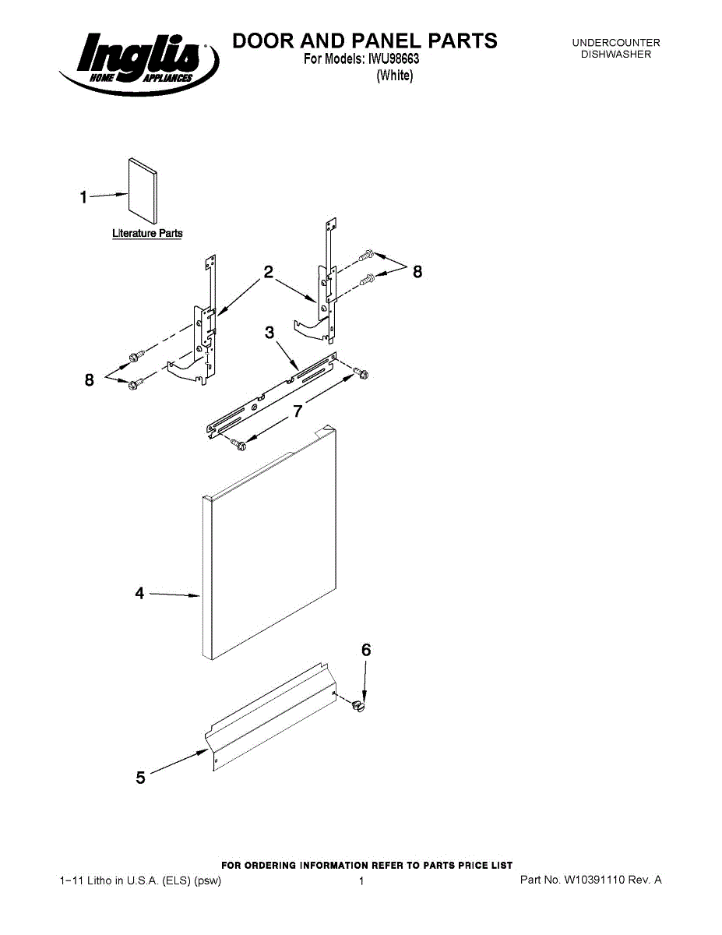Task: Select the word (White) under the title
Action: click(394, 76)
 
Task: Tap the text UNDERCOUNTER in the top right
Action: click(616, 43)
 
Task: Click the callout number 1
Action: click(83, 197)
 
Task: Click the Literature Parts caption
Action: click(147, 233)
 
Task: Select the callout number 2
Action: click(268, 272)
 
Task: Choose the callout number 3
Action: click(269, 333)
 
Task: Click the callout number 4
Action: click(139, 594)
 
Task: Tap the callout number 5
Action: click(140, 777)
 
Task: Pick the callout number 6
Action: click(365, 650)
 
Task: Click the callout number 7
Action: click(298, 411)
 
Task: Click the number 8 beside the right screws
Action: click(417, 272)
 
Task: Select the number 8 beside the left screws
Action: click(90, 380)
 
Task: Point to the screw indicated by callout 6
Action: click(357, 705)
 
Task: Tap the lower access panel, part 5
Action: click(269, 717)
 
